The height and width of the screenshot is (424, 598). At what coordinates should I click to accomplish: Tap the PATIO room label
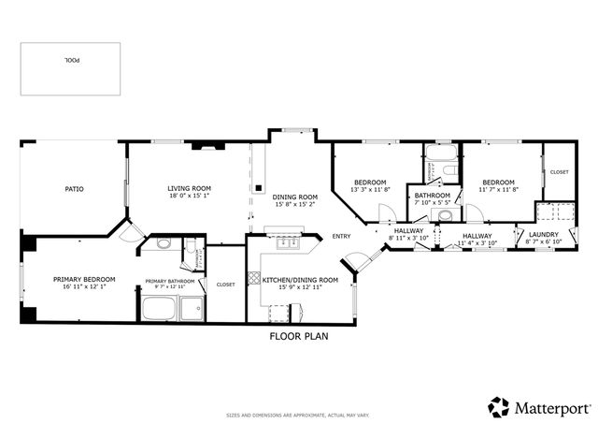pyautogui.click(x=74, y=189)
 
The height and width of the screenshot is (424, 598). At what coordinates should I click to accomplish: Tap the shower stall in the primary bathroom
pyautogui.click(x=192, y=309)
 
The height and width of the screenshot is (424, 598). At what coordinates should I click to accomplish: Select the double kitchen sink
pyautogui.click(x=288, y=244)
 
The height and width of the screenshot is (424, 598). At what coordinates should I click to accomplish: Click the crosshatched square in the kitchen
pyautogui.click(x=253, y=279)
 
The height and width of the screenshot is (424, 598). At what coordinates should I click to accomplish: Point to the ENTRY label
pyautogui.click(x=341, y=236)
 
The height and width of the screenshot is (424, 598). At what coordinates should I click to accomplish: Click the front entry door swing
pyautogui.click(x=355, y=262)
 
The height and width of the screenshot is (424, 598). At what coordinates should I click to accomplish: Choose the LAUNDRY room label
pyautogui.click(x=543, y=234)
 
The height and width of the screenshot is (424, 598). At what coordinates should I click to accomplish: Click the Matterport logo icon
pyautogui.click(x=499, y=407)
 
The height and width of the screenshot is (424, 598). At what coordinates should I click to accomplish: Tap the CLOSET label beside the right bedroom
pyautogui.click(x=559, y=172)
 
